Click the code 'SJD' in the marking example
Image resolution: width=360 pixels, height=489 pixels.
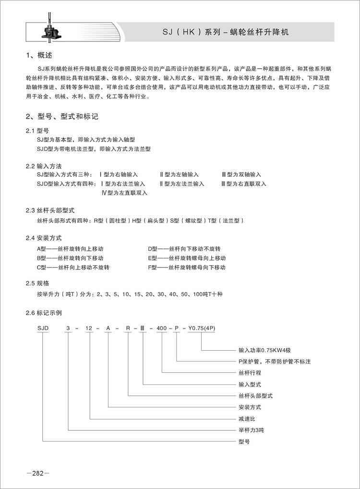[43, 329]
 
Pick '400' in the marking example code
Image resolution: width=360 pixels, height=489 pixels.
[162, 329]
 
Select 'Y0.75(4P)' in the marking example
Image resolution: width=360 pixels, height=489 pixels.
[201, 329]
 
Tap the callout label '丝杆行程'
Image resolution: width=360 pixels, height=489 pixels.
[250, 373]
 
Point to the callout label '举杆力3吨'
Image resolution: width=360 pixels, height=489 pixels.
[251, 429]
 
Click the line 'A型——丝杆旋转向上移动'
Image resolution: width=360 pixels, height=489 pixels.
[70, 249]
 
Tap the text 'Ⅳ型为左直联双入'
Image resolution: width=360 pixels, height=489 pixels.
[125, 193]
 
